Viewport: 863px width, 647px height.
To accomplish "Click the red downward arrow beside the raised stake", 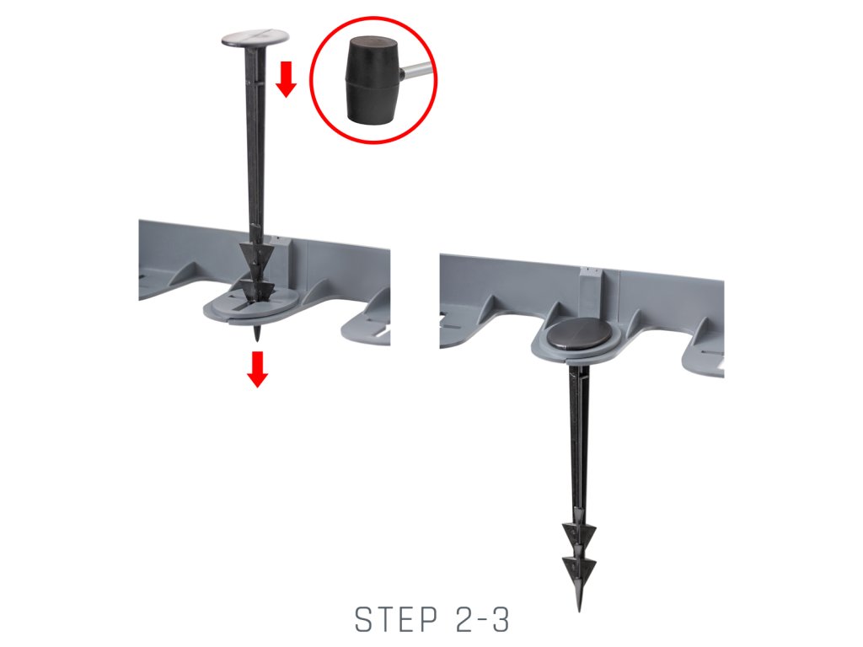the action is coord(287,79).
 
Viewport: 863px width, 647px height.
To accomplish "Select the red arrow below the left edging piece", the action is coord(257,370).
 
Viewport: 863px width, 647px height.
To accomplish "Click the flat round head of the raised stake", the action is coord(255,38).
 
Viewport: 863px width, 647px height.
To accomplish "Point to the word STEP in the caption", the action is coord(396,619).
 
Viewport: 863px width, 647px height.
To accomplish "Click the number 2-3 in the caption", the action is coord(483,619).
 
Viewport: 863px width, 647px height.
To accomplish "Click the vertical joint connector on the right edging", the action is coord(591,291).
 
